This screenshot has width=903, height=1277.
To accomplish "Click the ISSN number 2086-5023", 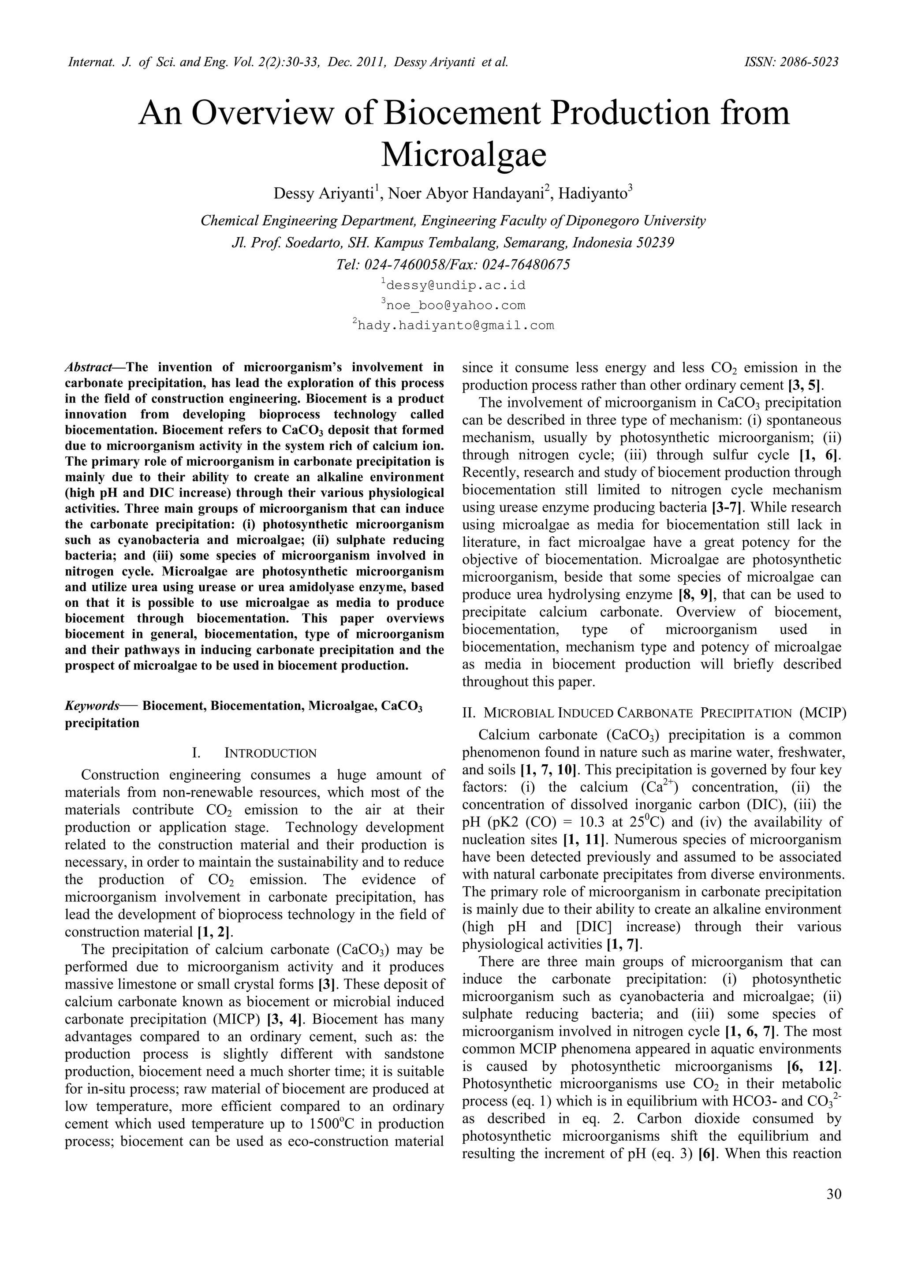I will coord(806,62).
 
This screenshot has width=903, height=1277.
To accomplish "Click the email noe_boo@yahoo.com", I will coord(455,305).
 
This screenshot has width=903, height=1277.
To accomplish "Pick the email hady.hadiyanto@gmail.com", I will coord(455,325).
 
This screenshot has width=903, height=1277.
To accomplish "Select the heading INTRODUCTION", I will coord(270,753).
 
